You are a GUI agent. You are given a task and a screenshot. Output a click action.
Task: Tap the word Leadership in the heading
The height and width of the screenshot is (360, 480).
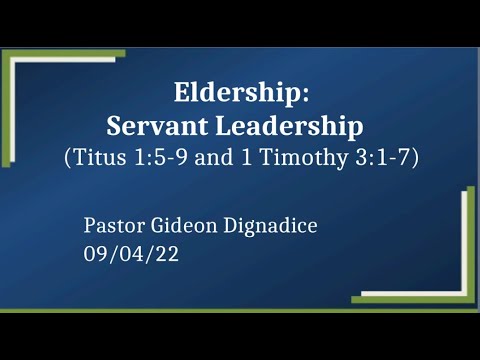pyautogui.click(x=291, y=127)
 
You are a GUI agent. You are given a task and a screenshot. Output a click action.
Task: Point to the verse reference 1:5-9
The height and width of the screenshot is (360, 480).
pyautogui.click(x=167, y=158)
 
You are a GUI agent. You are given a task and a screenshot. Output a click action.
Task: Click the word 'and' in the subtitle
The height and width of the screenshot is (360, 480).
pyautogui.click(x=224, y=158)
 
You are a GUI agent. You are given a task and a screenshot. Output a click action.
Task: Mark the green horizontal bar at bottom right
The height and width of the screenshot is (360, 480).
pyautogui.click(x=410, y=297)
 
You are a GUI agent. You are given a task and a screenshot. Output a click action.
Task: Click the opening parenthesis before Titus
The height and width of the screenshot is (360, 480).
pyautogui.click(x=67, y=158)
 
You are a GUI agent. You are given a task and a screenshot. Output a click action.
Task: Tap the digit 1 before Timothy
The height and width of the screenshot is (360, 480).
pyautogui.click(x=256, y=158)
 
